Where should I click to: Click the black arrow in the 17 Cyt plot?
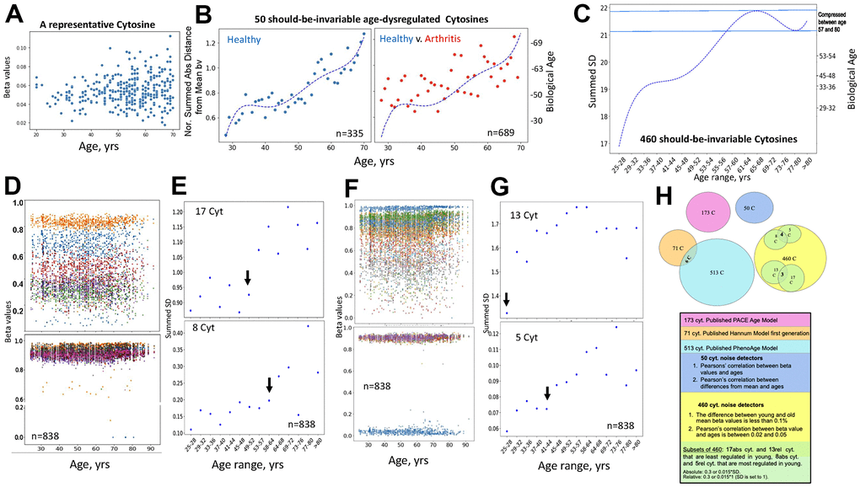pyautogui.click(x=248, y=277)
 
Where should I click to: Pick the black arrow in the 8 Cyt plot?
pyautogui.click(x=270, y=385)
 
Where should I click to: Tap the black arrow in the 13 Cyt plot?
pyautogui.click(x=507, y=299)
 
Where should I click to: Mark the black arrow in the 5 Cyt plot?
pyautogui.click(x=548, y=393)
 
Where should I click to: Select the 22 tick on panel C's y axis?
pyautogui.click(x=602, y=8)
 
